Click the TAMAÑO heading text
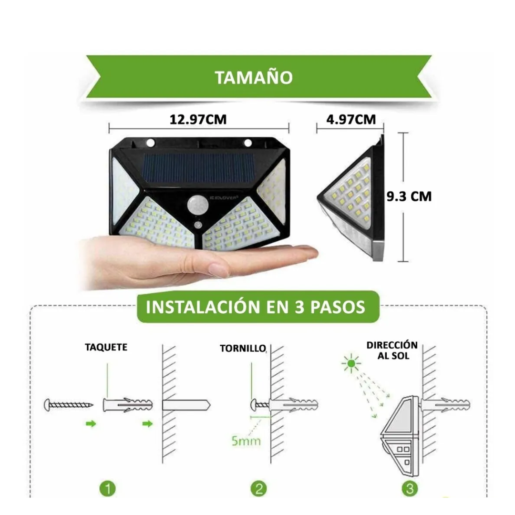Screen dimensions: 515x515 [x=254, y=78]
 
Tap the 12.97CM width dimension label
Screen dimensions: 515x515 [x=198, y=120]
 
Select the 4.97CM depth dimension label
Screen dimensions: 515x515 [x=351, y=120]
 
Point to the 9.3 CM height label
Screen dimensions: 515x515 [x=409, y=196]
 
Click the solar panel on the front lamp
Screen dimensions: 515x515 [x=199, y=168]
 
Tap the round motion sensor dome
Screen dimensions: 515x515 [x=196, y=205]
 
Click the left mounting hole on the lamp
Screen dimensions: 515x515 [x=150, y=143]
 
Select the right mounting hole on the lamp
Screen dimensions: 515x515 [x=247, y=143]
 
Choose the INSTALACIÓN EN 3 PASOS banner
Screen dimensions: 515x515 [x=258, y=307]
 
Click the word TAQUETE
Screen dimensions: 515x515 [x=106, y=347]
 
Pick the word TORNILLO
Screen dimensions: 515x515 [x=243, y=349]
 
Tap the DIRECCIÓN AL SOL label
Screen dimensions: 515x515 [x=392, y=350]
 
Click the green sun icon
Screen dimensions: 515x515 [x=351, y=363]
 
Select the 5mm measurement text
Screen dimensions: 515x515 [x=246, y=441]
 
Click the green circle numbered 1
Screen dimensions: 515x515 [x=108, y=489]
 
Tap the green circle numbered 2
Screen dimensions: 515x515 [x=259, y=489]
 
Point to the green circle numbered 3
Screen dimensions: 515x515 [x=410, y=489]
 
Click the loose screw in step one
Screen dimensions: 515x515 [x=69, y=405]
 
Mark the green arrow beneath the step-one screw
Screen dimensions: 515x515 [x=91, y=424]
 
